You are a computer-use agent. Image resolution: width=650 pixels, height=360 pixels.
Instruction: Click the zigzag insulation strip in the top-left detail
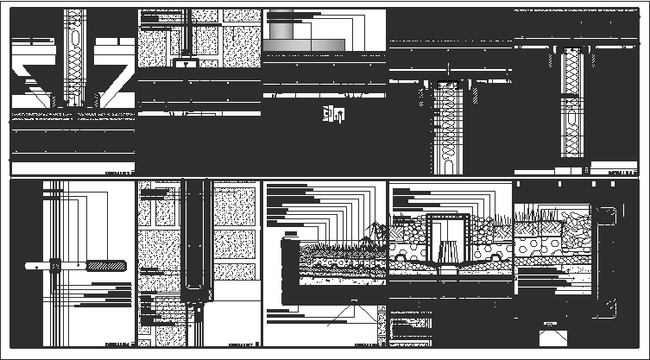click(73, 52)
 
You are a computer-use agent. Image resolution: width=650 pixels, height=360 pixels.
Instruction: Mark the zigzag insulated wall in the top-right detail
click(572, 104)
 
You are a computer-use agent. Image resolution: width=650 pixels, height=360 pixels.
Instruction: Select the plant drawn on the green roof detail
click(373, 233)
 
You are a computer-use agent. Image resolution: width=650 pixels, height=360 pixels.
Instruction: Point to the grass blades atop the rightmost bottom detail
click(535, 212)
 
